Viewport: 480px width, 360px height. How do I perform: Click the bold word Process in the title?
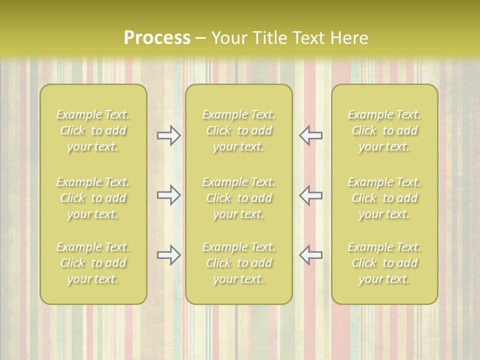click(157, 38)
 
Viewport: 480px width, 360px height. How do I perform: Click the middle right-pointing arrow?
click(169, 195)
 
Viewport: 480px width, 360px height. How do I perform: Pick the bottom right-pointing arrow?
click(169, 255)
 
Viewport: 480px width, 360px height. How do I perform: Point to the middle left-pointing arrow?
click(310, 195)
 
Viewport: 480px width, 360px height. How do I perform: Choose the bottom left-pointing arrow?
click(310, 255)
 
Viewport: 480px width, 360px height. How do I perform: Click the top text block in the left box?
click(93, 130)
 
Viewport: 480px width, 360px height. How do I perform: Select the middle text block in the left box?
click(93, 198)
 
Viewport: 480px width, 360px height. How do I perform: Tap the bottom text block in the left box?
click(93, 263)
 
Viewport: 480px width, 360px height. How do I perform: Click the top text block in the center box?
click(239, 130)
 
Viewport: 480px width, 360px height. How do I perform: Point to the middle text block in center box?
click(239, 198)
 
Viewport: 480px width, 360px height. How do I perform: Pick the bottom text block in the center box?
click(239, 263)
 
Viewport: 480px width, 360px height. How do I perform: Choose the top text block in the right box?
click(384, 130)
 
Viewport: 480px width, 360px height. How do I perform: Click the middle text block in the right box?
click(384, 198)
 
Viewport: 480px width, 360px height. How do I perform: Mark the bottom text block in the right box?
click(384, 263)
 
